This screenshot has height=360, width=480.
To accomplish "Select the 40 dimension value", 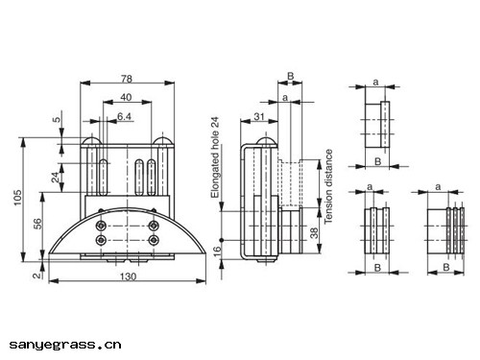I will tap(126, 98).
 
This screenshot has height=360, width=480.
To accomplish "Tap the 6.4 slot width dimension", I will tap(125, 116).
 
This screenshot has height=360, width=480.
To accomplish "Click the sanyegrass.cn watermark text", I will tap(65, 343).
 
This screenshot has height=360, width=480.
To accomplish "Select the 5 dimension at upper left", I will tap(57, 121).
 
